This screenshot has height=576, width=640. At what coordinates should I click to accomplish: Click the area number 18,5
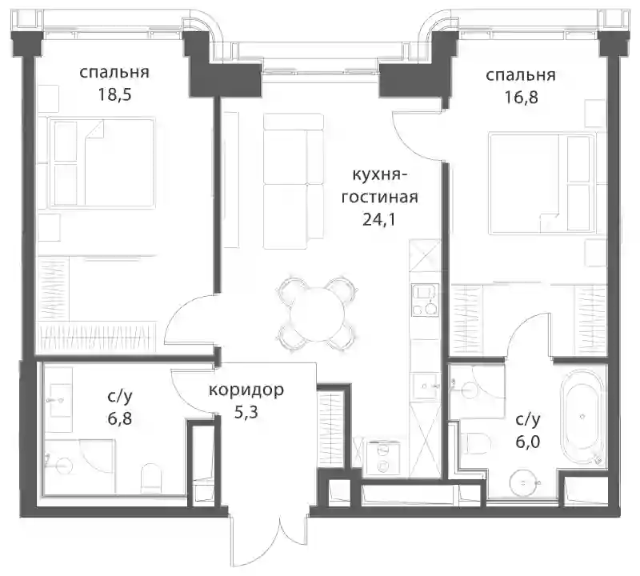point(114,95)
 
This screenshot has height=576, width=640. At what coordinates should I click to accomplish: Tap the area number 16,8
point(521,98)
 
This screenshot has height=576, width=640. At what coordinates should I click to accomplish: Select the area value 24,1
point(379,220)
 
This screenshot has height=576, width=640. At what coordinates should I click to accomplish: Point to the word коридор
point(246,390)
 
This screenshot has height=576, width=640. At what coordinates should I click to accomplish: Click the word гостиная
point(379,198)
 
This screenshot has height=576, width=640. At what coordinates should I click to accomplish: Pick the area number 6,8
point(120,418)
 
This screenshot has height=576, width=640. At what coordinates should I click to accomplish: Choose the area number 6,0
point(528,442)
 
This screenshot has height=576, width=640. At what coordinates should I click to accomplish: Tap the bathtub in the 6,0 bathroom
point(582,418)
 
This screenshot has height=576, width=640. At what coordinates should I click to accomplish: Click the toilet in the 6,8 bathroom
point(150,478)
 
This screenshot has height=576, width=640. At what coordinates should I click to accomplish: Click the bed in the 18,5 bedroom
point(102,163)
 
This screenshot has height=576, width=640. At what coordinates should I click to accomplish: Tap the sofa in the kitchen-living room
point(294,182)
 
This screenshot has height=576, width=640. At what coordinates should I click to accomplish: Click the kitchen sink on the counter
point(425,299)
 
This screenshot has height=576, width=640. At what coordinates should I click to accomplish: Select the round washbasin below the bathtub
point(525,482)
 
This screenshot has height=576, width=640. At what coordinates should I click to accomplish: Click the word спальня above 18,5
point(114,73)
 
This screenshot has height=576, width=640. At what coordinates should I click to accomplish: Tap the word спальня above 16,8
point(521,75)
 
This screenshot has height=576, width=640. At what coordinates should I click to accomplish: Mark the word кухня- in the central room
point(379,175)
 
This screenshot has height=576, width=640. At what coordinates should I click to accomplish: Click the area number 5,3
point(246,412)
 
